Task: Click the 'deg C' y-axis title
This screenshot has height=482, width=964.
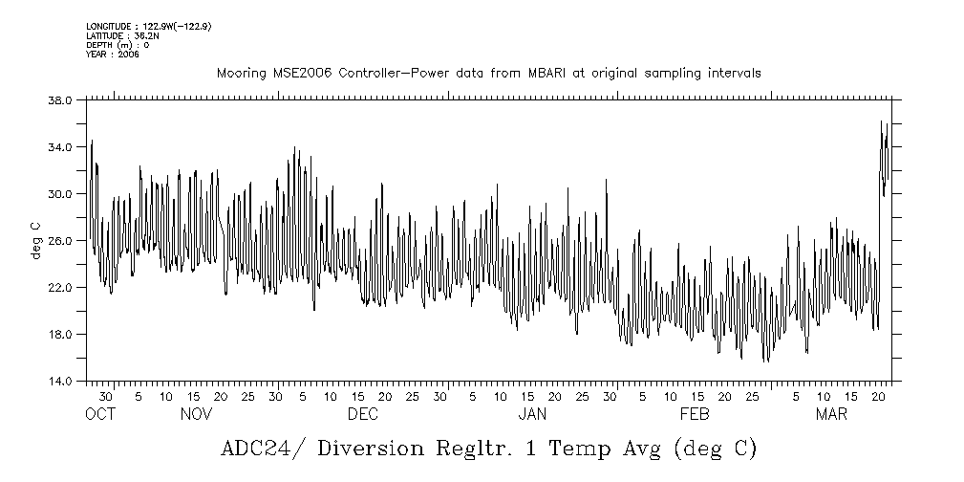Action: point(35,241)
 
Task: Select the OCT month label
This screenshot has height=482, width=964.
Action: point(99,415)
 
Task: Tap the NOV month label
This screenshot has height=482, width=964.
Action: point(196,415)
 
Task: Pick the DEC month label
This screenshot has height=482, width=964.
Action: point(362,415)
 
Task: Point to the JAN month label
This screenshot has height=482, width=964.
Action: point(532,415)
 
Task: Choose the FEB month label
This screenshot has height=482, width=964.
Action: point(695,415)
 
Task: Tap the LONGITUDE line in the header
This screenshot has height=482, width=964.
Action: point(148,26)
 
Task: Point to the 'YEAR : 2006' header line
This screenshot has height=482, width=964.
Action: point(113,55)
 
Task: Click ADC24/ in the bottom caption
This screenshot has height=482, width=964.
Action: point(256,449)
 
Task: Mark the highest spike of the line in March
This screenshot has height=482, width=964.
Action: point(881,121)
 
